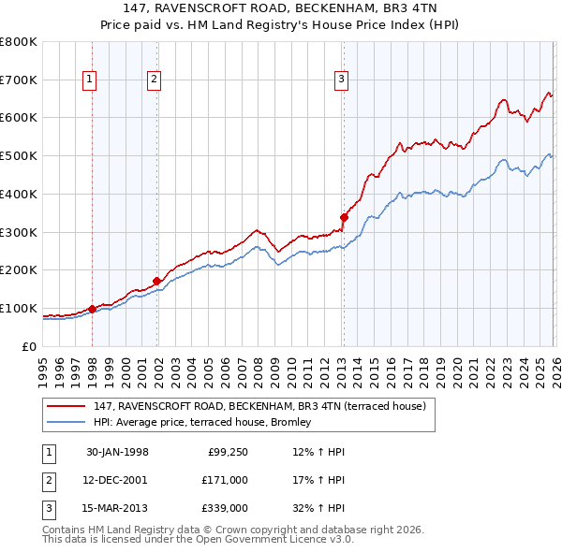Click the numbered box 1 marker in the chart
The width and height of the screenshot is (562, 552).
(90, 80)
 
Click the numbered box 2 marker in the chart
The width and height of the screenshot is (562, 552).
(153, 80)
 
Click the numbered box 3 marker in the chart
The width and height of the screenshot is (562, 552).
(342, 80)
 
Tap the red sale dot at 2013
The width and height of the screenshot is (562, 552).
(344, 217)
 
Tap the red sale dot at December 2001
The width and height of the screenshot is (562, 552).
(156, 281)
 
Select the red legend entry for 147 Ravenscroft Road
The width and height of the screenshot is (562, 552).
(259, 406)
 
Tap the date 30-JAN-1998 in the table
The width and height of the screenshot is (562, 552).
(117, 452)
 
